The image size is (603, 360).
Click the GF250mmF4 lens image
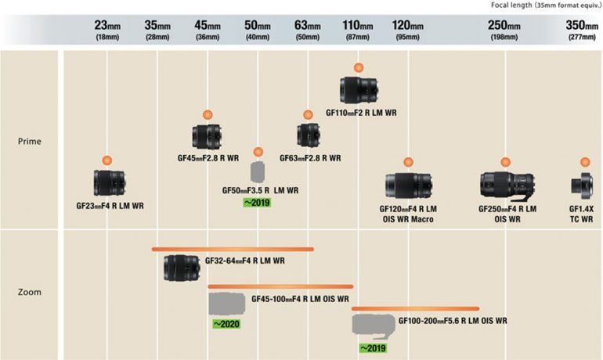point(507,185)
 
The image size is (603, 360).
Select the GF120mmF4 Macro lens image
point(408,185)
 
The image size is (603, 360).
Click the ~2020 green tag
point(226,323)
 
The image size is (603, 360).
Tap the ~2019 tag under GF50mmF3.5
point(258,203)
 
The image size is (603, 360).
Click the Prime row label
point(29,142)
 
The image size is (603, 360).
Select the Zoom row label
point(29,292)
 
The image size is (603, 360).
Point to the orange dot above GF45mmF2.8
point(208,114)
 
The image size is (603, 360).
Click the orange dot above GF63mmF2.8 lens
point(308,114)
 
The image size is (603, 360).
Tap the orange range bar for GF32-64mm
point(233,250)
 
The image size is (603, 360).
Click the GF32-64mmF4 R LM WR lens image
point(182,268)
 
